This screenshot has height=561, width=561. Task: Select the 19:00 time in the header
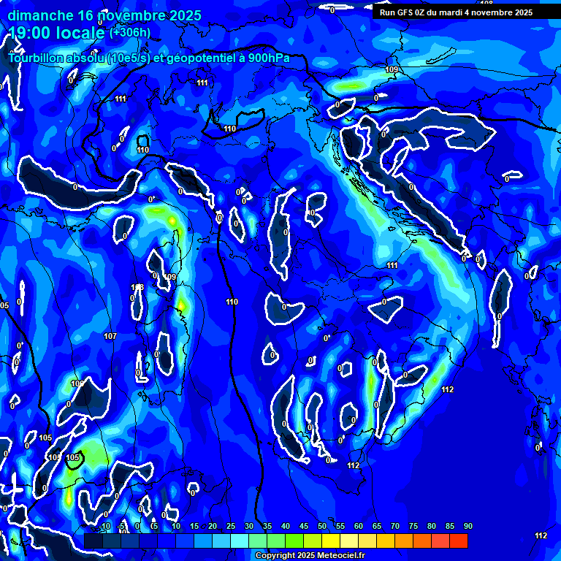tap(29, 33)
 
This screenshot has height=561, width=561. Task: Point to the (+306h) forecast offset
tap(131, 33)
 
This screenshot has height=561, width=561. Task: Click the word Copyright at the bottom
tap(276, 555)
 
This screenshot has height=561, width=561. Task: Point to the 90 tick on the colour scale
tap(467, 527)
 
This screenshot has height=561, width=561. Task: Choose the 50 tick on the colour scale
tap(321, 527)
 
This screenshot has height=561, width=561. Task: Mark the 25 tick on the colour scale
tap(230, 527)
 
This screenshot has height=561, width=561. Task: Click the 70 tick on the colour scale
tap(394, 527)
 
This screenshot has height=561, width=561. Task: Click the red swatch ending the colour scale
tap(458, 541)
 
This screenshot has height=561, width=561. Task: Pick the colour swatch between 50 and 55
tap(330, 541)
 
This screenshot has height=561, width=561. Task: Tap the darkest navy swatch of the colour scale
tap(93, 541)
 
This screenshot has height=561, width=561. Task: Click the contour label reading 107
tap(110, 337)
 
